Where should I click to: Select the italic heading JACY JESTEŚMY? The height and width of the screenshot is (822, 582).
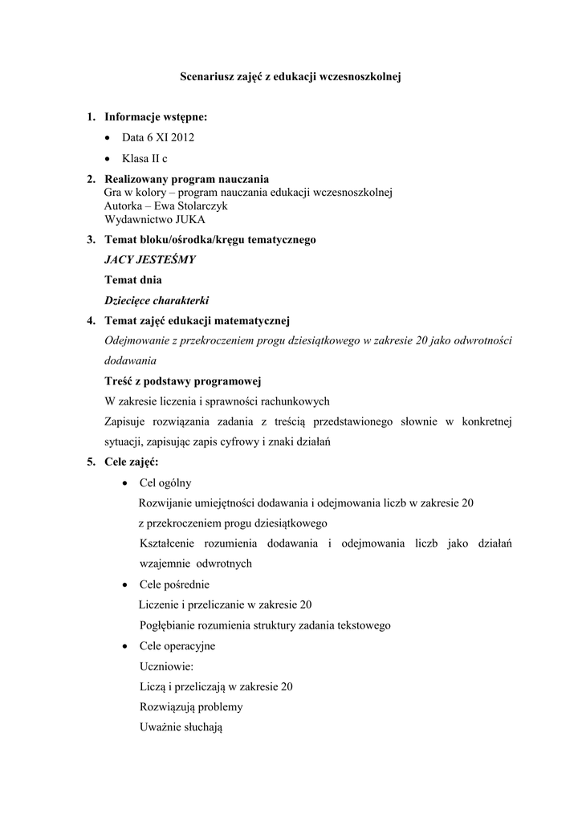tap(150, 259)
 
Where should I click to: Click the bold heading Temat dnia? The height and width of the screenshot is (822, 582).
tap(133, 280)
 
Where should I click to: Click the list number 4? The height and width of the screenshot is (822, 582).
tap(92, 321)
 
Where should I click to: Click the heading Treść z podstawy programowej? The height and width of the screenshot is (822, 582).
tap(183, 380)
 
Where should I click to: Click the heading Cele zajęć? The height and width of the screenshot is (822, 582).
tap(132, 462)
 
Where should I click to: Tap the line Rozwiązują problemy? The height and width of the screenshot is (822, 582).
tap(191, 707)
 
